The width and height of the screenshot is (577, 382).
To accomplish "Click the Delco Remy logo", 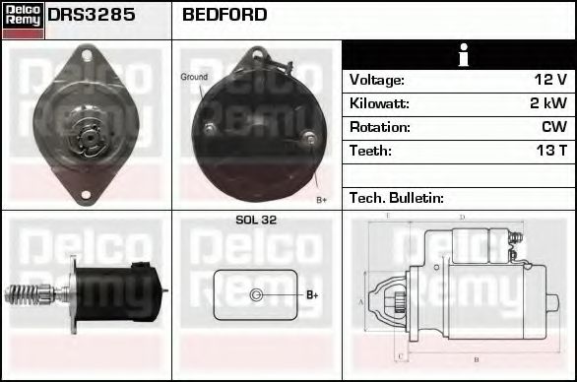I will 23,20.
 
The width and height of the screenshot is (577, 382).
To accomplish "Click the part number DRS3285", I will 92,16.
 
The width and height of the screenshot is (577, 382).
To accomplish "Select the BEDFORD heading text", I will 224,16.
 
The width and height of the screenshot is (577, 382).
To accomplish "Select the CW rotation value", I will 553,127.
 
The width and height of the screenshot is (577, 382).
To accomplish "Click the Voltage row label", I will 376,80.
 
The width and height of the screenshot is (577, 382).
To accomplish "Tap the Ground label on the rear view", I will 194,77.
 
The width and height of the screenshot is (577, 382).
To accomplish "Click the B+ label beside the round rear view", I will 321,199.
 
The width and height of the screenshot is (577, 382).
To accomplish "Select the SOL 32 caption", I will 256,221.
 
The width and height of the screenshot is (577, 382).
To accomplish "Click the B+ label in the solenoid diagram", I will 311,294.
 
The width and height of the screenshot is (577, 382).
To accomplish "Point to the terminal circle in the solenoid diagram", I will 257,294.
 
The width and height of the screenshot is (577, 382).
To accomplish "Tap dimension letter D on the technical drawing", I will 462,217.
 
